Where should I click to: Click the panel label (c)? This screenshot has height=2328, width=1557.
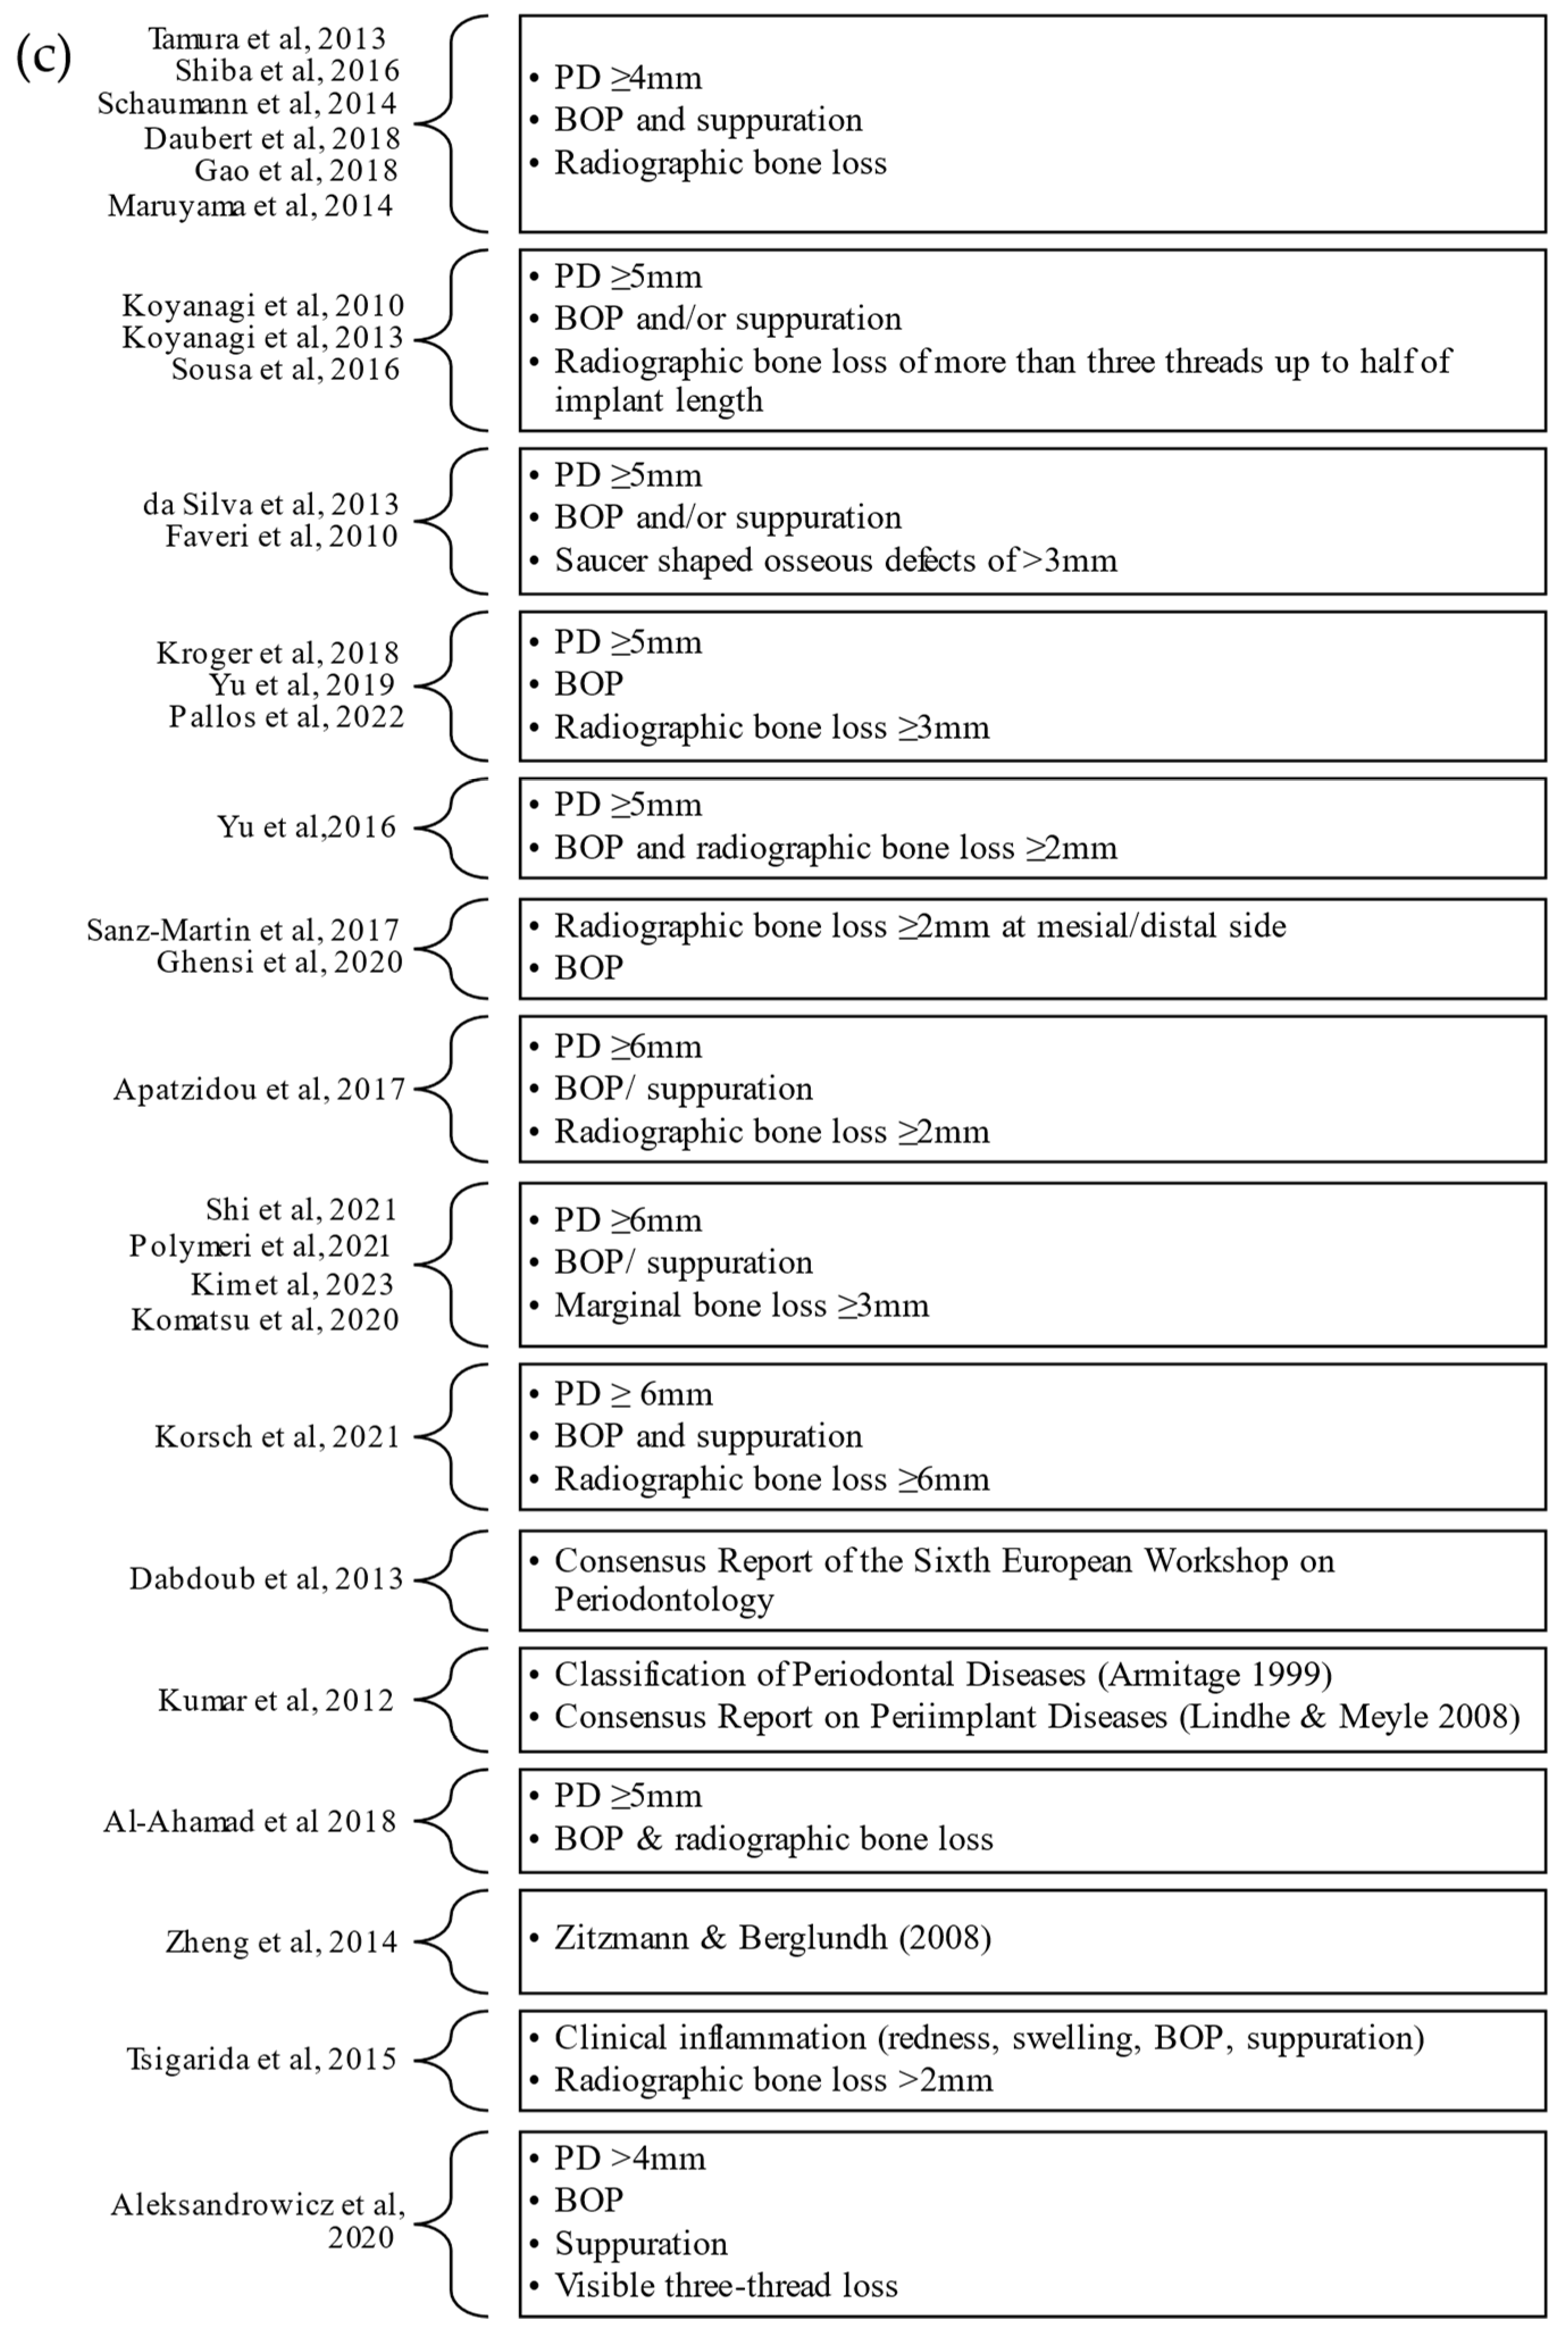tap(44, 57)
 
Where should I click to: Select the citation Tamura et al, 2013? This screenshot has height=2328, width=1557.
tap(266, 39)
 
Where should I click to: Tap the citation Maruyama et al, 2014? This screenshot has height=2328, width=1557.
tap(250, 206)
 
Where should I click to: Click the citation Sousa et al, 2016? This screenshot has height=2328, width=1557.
tap(285, 370)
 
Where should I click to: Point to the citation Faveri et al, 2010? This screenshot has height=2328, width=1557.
tap(281, 536)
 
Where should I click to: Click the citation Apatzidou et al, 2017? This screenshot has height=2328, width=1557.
tap(259, 1089)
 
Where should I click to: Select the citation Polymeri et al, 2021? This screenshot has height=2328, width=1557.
tap(260, 1245)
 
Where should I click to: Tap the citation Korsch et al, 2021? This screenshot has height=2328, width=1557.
tap(276, 1436)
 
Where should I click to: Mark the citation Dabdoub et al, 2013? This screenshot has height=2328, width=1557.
tap(266, 1578)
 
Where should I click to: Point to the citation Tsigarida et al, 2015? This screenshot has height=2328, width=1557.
tap(261, 2059)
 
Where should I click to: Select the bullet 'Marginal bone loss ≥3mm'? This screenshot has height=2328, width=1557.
tap(741, 1305)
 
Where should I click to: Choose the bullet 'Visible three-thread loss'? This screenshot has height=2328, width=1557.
tap(725, 2285)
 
